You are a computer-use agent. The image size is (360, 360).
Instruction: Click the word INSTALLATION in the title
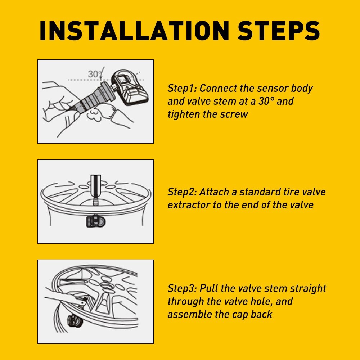[x=134, y=31]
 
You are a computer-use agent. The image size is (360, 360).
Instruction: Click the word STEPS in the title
[x=279, y=31]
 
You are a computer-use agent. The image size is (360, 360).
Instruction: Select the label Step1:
[x=182, y=89]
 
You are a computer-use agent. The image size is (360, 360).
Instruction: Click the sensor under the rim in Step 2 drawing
[x=96, y=221]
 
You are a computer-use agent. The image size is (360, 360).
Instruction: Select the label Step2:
[x=182, y=192]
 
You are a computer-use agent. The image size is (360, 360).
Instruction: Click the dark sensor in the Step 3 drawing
[x=75, y=321]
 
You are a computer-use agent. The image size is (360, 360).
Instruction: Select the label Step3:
[x=182, y=289]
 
